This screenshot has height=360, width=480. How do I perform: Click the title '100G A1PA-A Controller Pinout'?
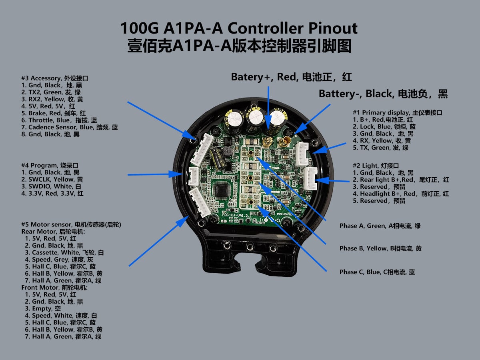pos(239,29)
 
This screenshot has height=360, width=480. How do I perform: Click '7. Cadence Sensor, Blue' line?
pos(70,127)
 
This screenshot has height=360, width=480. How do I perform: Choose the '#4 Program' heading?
pos(50,165)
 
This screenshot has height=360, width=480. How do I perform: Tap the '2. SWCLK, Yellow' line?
pos(52,179)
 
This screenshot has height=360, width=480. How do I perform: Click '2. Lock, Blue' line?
pos(384,127)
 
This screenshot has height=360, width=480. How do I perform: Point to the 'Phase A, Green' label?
pos(380,226)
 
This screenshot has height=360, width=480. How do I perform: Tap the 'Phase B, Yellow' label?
pos(380,248)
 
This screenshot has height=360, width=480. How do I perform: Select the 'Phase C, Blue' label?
pos(377,272)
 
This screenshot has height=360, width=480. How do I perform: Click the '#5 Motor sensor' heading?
pos(71,224)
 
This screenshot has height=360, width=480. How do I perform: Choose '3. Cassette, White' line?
pos(64,252)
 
